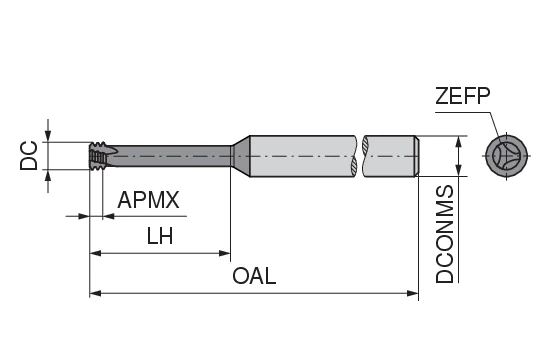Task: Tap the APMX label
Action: pos(148,200)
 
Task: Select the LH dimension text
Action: pos(159,237)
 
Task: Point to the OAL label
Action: pos(253,275)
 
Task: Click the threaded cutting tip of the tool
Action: pos(98,156)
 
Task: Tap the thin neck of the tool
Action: pos(170,155)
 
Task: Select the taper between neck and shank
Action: pos(240,155)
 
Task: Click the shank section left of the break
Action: pos(300,155)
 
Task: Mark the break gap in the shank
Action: pos(361,155)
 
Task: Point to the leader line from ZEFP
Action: pos(491,126)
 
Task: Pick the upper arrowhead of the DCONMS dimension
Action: pos(459,141)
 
